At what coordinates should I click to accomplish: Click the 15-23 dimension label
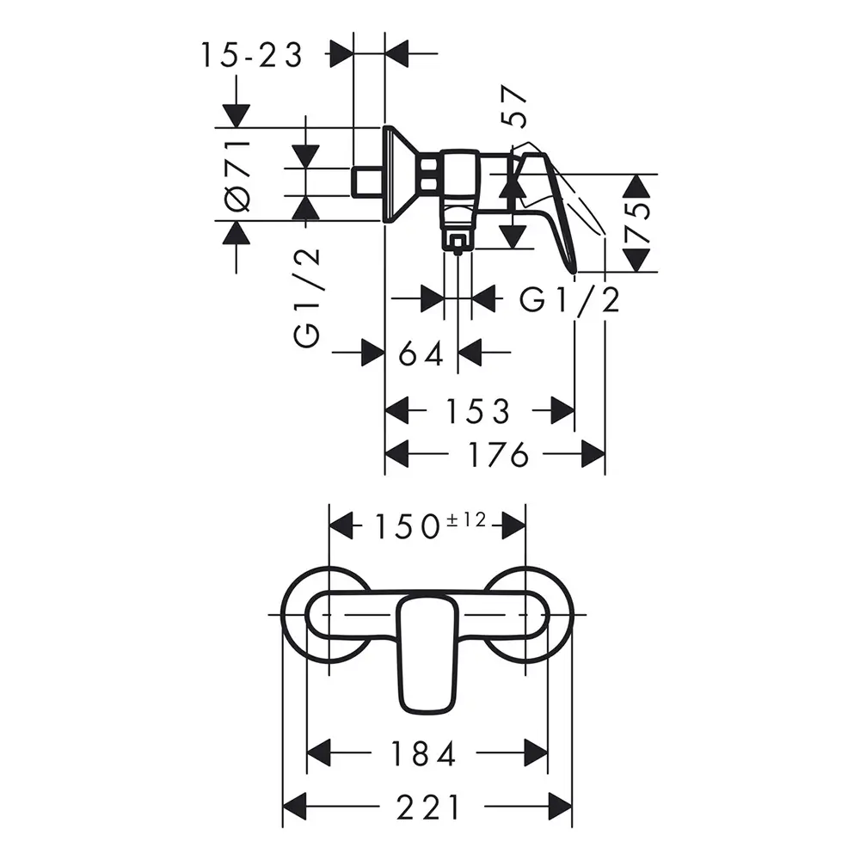(252, 55)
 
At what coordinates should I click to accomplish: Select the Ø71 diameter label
(238, 175)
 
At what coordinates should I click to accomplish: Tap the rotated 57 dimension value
(514, 106)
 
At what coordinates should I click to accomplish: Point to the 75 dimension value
(636, 223)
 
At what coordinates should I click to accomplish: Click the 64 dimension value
(421, 353)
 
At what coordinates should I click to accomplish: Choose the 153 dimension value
(479, 411)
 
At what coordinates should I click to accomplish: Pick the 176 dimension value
(499, 455)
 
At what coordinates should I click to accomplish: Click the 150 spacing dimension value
(407, 526)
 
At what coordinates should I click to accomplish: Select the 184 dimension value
(423, 753)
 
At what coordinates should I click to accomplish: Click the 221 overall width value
(428, 808)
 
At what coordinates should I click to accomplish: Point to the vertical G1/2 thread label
(306, 298)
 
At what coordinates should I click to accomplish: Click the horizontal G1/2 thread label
(570, 300)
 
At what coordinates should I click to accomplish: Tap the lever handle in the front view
(428, 655)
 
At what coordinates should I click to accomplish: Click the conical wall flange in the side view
(402, 175)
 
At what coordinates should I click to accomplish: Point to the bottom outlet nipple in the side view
(458, 243)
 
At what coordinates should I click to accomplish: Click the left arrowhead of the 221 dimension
(293, 807)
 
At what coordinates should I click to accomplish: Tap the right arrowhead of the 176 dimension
(593, 454)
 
